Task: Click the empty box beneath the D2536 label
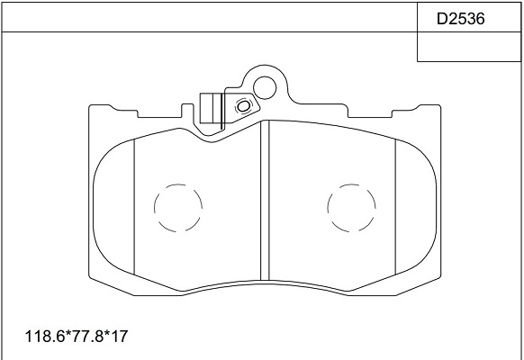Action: click(468, 48)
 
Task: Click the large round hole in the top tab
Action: click(265, 87)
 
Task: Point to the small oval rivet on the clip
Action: click(241, 107)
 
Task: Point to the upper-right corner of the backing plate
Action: click(438, 108)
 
